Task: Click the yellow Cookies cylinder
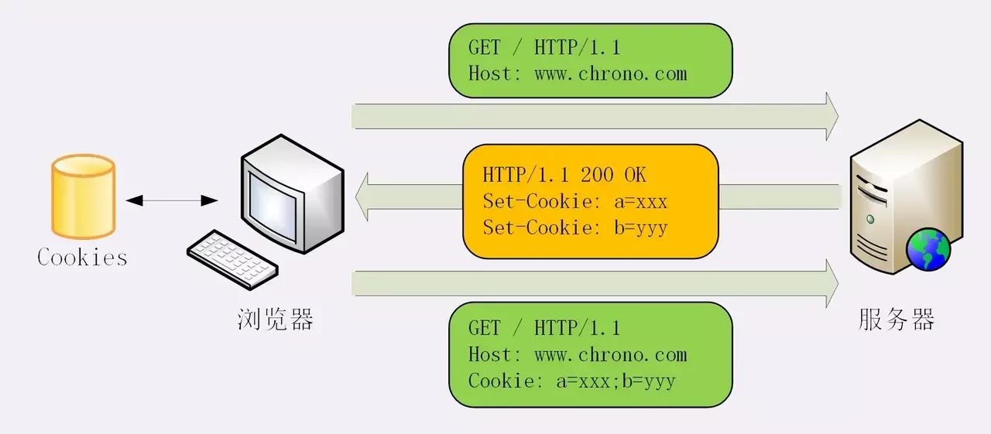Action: coord(83,197)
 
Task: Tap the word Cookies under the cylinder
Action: coord(82,257)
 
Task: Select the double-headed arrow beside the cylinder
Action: coord(171,200)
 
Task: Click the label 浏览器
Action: coord(275,320)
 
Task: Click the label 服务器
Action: coord(897,320)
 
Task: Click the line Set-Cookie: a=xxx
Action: coord(574,202)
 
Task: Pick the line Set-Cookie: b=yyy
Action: coord(574,228)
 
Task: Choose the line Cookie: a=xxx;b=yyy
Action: coord(571,381)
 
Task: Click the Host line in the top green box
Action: coord(577,74)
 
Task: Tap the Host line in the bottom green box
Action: coord(577,355)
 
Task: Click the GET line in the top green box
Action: coord(544,48)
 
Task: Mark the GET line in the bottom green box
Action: coord(544,328)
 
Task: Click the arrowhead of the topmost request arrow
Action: coord(832,116)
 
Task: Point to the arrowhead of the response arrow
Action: coord(362,196)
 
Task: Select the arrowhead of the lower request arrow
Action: coord(832,283)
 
